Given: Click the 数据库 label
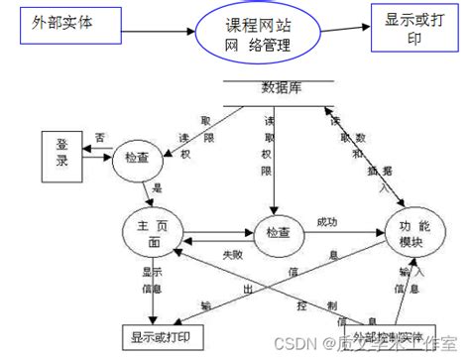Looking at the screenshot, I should [x=282, y=88].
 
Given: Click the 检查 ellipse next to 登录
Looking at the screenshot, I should [x=138, y=159].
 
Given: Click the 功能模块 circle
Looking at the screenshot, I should [x=409, y=234].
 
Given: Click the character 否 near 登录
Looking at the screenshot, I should [x=100, y=137].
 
